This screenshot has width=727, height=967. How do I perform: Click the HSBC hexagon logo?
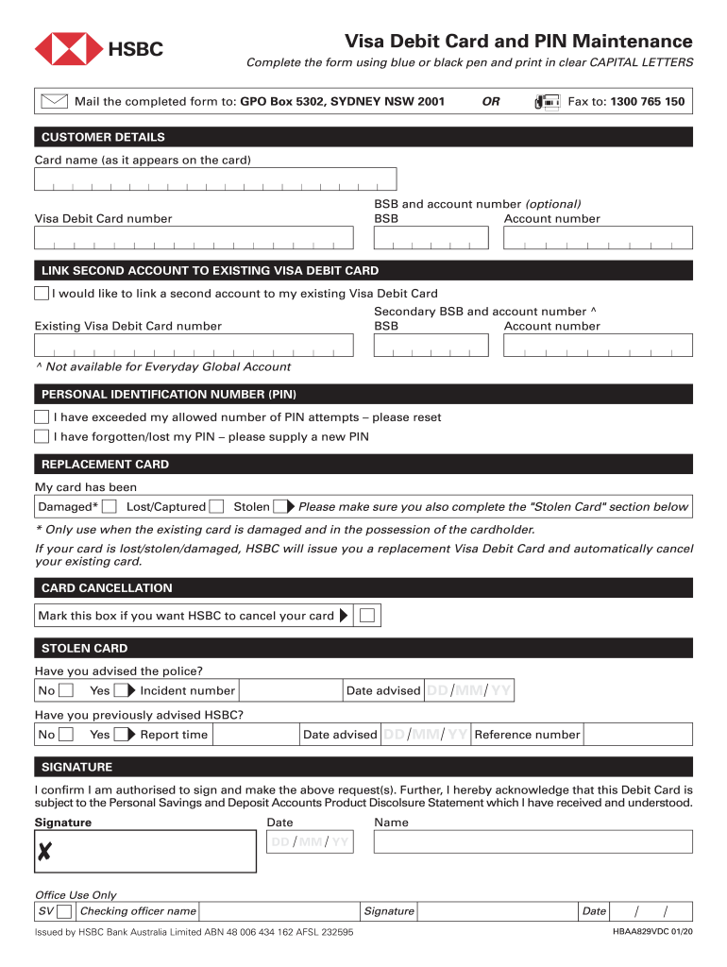coord(69,49)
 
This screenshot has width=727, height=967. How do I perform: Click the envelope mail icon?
coord(55,101)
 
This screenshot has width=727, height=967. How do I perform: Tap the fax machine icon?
coord(547,102)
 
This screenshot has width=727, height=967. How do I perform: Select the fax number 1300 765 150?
coord(647,102)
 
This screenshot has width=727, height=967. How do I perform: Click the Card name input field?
coord(215,179)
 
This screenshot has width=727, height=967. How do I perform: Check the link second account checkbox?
coord(42,294)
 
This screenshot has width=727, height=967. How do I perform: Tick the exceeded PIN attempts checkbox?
coord(42,416)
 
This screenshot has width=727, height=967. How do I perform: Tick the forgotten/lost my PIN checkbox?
coord(42,436)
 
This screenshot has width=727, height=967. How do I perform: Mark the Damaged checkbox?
coord(110,507)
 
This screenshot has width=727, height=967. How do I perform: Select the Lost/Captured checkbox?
coord(216,507)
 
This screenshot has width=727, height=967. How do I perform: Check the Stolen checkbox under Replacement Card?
coord(279,507)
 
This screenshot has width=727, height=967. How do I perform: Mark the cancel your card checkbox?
coord(368,616)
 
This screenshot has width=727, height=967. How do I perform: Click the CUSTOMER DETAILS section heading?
coord(102,137)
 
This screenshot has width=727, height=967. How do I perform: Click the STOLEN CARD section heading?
coord(84,649)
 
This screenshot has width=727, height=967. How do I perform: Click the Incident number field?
coord(289,690)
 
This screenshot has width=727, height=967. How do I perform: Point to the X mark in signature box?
coord(43,855)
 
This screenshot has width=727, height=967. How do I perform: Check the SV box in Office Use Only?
coord(64,911)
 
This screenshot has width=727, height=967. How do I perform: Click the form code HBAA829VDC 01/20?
coord(652,932)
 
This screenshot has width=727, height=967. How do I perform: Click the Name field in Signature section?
coord(533,842)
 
